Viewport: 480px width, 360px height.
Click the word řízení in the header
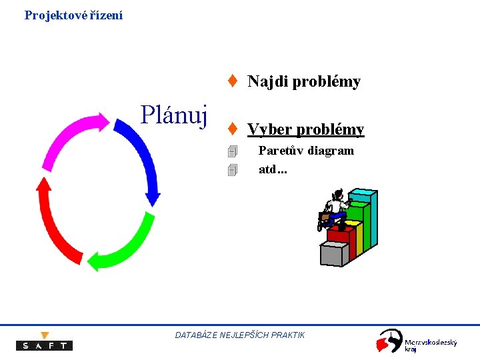(106, 15)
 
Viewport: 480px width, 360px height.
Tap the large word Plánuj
(175, 115)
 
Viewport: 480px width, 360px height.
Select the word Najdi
(267, 82)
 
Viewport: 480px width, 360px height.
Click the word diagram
(331, 151)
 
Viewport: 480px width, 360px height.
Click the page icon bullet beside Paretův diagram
(232, 152)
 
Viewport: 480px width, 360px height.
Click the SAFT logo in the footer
(44, 343)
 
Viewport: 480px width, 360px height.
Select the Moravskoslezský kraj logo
(417, 341)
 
